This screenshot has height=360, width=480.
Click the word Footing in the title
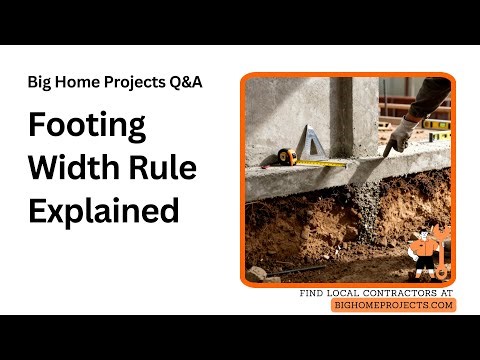click(87, 127)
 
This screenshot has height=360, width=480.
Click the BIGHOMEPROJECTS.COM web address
click(393, 305)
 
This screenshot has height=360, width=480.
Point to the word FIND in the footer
click(314, 292)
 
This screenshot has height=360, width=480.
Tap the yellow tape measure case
click(284, 156)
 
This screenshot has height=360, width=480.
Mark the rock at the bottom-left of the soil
click(258, 271)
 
